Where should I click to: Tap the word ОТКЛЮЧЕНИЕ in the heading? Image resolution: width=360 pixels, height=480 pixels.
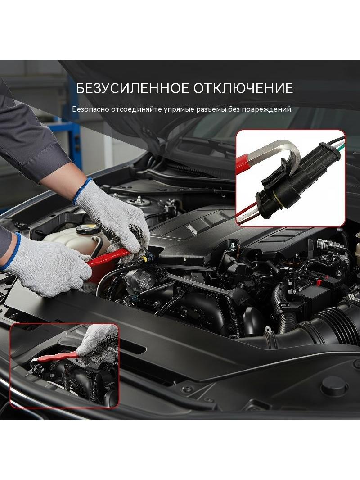[243, 88]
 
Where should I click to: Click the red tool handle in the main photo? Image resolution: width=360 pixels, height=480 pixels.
[107, 257]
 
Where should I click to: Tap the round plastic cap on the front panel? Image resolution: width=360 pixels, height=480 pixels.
[334, 386]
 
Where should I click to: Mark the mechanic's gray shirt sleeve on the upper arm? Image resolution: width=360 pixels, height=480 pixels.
[27, 135]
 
